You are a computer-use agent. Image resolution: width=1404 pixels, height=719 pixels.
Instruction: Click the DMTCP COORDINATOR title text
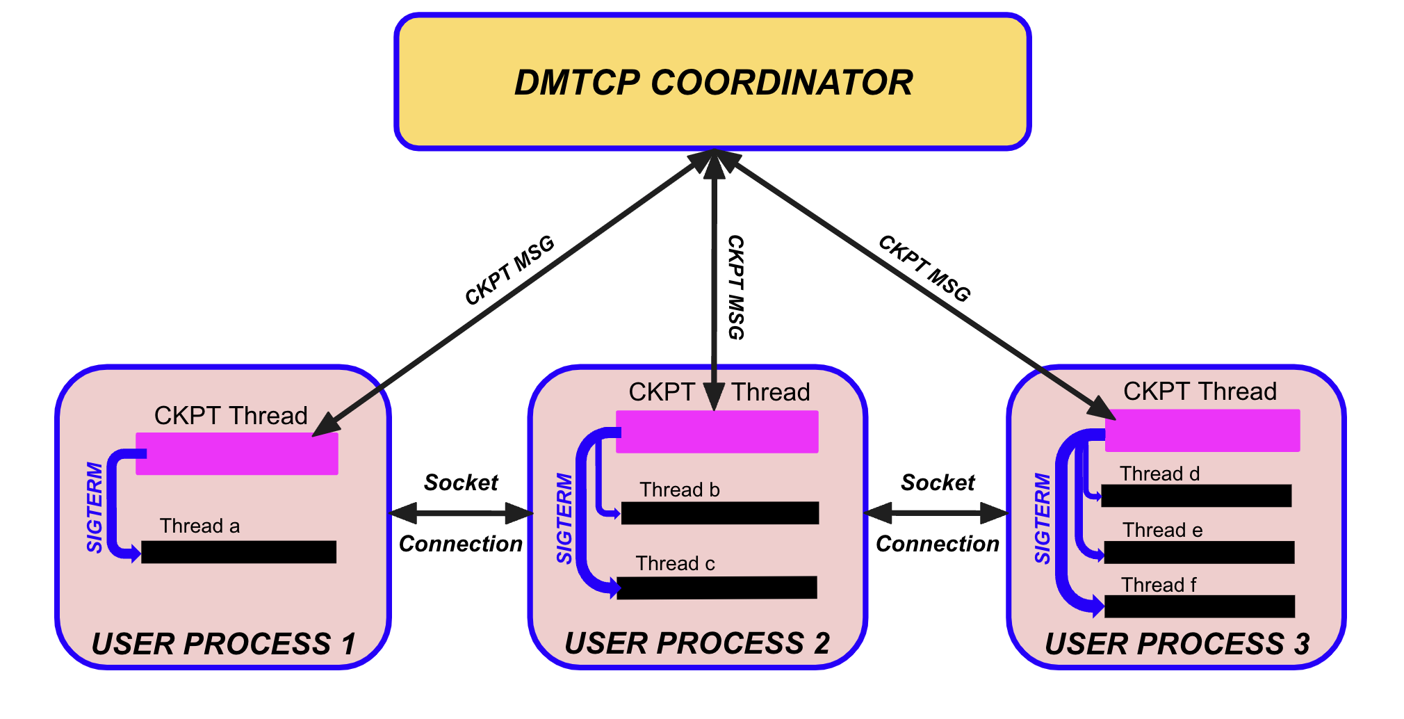click(x=713, y=82)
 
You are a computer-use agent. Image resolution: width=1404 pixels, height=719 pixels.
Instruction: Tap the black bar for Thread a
click(x=238, y=552)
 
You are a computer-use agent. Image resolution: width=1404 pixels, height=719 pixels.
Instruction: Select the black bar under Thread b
click(x=720, y=513)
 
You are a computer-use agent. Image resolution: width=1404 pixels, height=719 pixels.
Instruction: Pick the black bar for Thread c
click(x=717, y=588)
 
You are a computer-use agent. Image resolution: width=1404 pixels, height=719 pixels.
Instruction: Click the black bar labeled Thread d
click(x=1196, y=496)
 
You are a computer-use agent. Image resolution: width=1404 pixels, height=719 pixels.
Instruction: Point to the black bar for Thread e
click(x=1199, y=552)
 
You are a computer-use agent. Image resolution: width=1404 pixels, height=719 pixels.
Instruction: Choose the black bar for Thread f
click(x=1199, y=606)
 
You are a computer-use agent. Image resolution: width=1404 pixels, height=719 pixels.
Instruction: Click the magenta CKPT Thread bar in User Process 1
click(x=237, y=454)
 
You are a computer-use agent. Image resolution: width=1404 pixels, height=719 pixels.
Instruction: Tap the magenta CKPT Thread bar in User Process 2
click(x=717, y=432)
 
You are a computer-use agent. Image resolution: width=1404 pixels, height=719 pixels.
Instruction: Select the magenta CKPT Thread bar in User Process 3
click(x=1202, y=430)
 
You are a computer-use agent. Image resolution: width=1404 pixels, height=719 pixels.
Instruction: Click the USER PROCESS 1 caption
click(x=223, y=644)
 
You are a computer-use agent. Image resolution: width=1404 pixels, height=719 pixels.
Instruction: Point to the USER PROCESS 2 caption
click(x=697, y=643)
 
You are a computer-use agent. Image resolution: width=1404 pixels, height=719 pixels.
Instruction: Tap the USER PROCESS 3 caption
click(x=1177, y=644)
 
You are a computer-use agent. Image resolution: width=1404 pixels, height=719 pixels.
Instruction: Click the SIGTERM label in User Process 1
click(x=95, y=508)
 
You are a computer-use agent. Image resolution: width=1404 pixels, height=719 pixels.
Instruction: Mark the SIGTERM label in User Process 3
click(x=1043, y=519)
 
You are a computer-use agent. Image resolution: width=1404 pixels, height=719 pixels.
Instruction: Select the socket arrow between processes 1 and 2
click(x=462, y=514)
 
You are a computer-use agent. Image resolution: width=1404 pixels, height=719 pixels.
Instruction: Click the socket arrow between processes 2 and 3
click(x=936, y=513)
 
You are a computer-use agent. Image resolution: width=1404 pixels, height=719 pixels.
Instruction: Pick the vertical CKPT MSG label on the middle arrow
click(x=735, y=287)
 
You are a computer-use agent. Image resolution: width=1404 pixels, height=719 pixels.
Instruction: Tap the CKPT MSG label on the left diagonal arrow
click(x=509, y=270)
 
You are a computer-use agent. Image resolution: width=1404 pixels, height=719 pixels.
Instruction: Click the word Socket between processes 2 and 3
click(x=938, y=483)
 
